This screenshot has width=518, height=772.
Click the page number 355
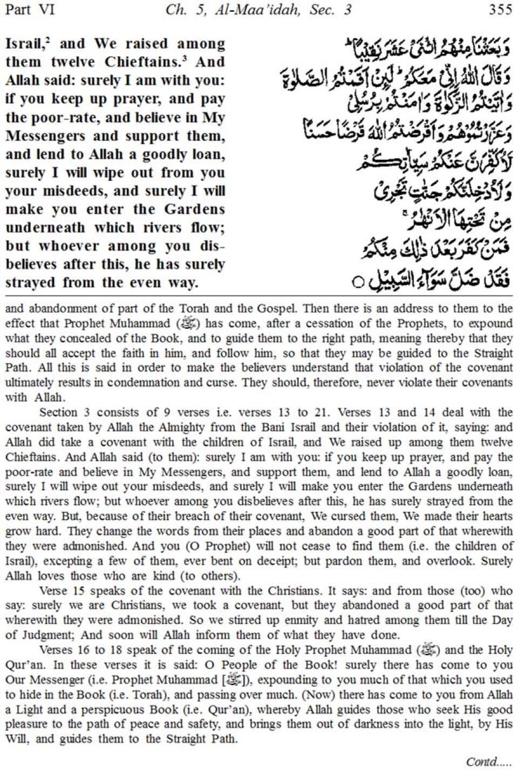[x=500, y=10]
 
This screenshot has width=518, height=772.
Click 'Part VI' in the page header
[x=29, y=10]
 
